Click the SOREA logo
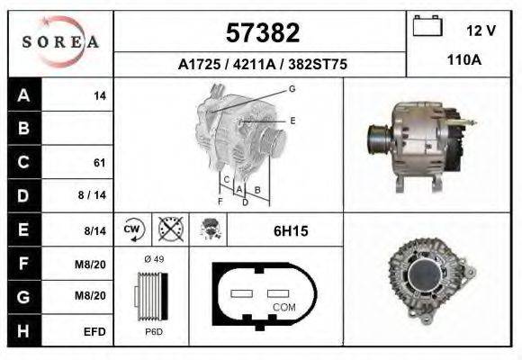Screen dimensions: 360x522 pyautogui.click(x=59, y=42)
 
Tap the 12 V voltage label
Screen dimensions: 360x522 pyautogui.click(x=481, y=30)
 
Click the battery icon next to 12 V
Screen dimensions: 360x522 pyautogui.click(x=427, y=27)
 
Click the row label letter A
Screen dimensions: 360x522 pyautogui.click(x=23, y=95)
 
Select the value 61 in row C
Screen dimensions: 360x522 pyautogui.click(x=99, y=163)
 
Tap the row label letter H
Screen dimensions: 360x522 pyautogui.click(x=23, y=330)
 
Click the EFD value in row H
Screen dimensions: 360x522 pyautogui.click(x=95, y=331)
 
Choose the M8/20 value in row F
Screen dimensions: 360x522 pyautogui.click(x=94, y=264)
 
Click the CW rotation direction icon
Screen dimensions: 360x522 pyautogui.click(x=132, y=229)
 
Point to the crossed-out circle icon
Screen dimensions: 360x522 pyautogui.click(x=168, y=229)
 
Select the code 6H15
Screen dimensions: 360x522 pyautogui.click(x=290, y=230)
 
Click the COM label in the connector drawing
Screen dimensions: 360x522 pyautogui.click(x=283, y=307)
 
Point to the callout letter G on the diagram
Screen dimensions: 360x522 pyautogui.click(x=292, y=88)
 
